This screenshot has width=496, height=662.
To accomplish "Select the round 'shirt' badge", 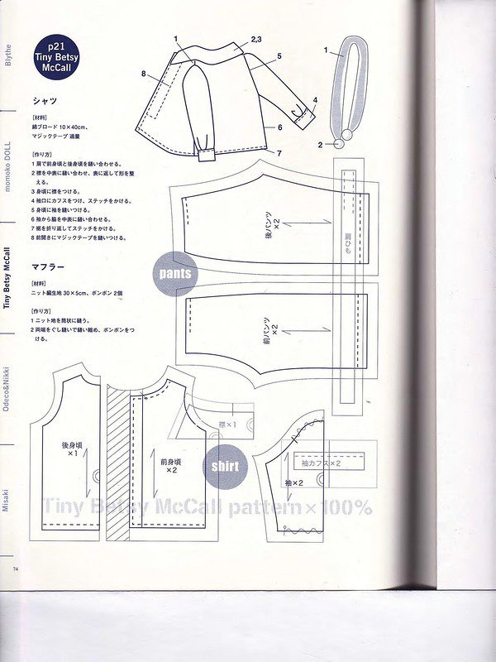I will (225, 466).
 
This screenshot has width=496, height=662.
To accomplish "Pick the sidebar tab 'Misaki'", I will (7, 499).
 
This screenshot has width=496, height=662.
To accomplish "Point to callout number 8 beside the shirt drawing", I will (143, 74).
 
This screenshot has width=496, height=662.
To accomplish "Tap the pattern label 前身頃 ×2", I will (171, 465).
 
